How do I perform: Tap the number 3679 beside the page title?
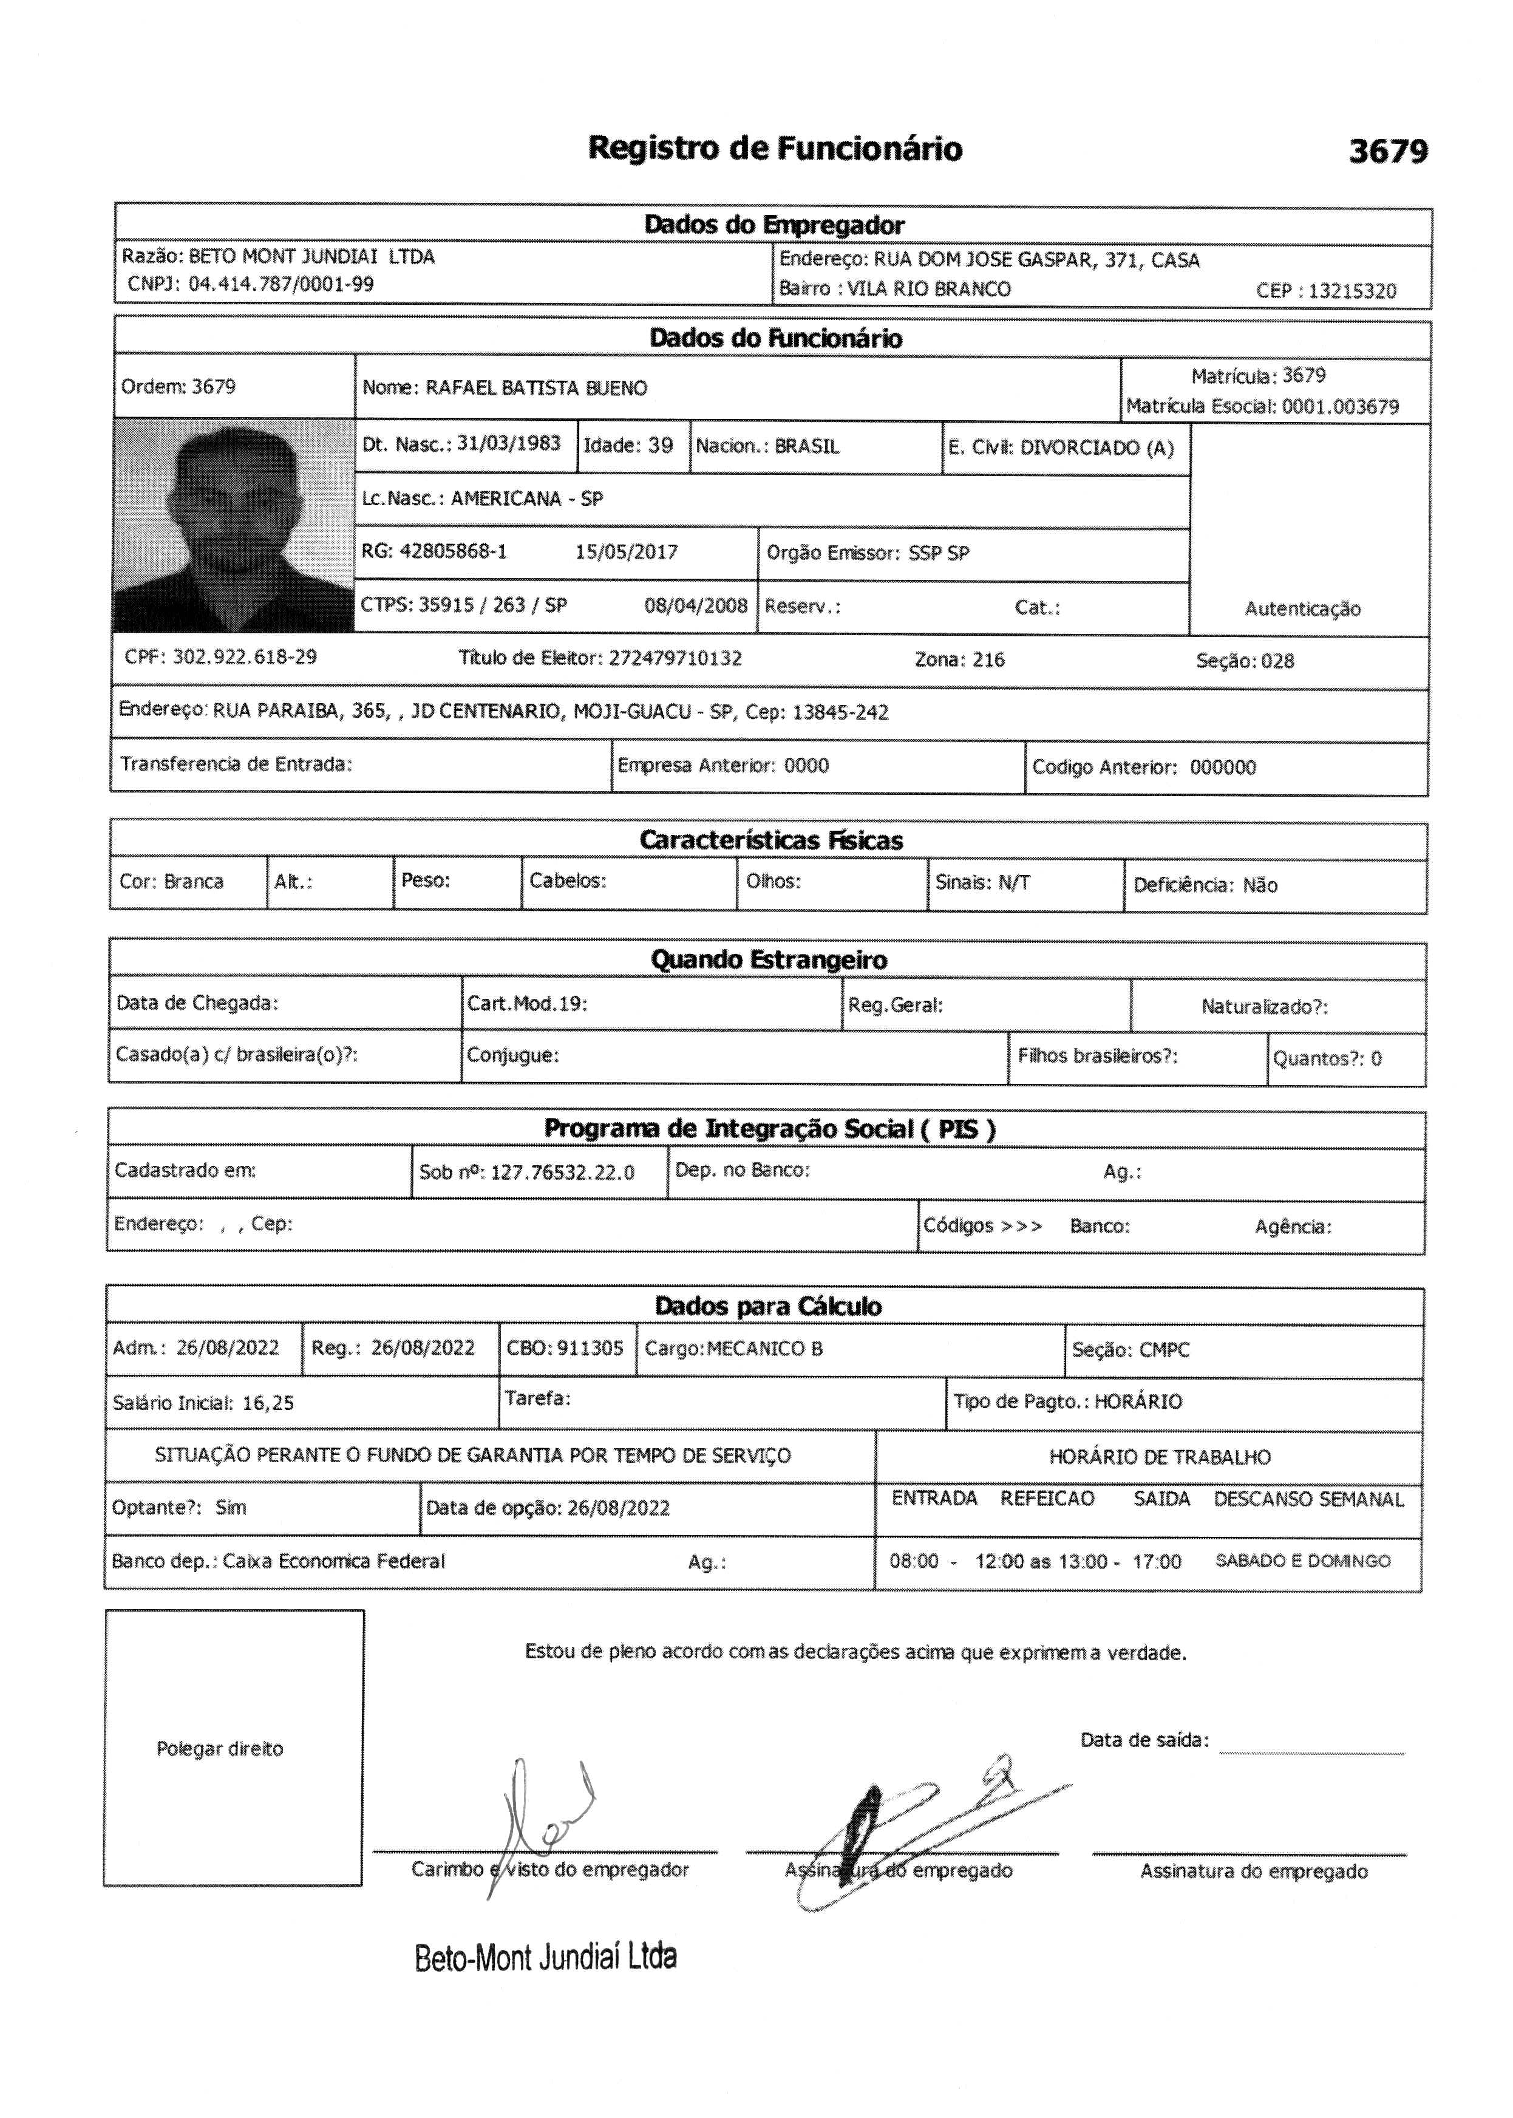pyautogui.click(x=1387, y=151)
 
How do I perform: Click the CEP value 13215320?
pyautogui.click(x=1352, y=291)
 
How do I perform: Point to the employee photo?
pyautogui.click(x=233, y=526)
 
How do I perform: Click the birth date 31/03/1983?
pyautogui.click(x=509, y=443)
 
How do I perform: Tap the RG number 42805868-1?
pyautogui.click(x=453, y=551)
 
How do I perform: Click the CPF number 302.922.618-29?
pyautogui.click(x=245, y=657)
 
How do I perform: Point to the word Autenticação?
pyautogui.click(x=1302, y=610)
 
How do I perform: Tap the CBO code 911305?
pyautogui.click(x=591, y=1348)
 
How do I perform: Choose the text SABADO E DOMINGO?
pyautogui.click(x=1302, y=1561)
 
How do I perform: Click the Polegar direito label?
pyautogui.click(x=220, y=1749)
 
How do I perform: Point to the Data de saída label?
pyautogui.click(x=1144, y=1740)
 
